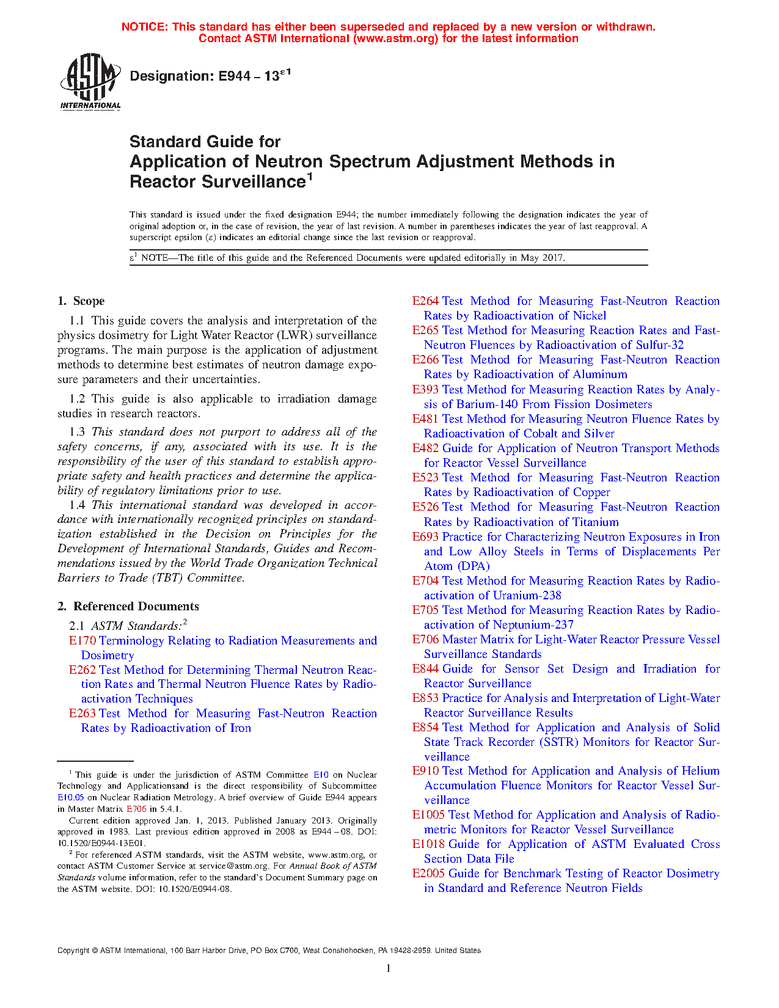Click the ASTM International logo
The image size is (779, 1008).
[90, 81]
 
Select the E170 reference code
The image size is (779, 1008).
[82, 640]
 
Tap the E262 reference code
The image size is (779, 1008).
[82, 670]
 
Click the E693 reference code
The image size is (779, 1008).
[425, 536]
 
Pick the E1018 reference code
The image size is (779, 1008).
[428, 844]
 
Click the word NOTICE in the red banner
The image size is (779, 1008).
[144, 27]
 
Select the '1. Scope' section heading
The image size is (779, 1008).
[81, 301]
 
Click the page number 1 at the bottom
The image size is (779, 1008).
[389, 968]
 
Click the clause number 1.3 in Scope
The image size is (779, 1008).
[77, 432]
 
